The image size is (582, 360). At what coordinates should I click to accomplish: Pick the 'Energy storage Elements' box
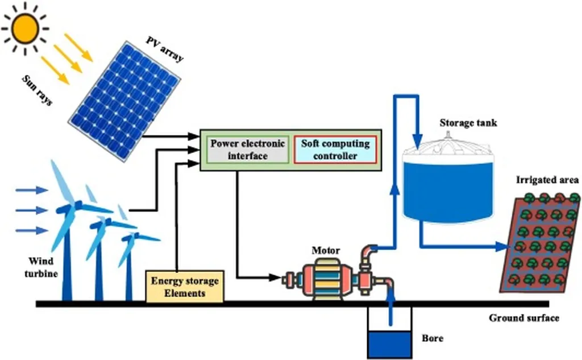point(184,286)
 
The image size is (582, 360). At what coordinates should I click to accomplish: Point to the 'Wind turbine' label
point(43,268)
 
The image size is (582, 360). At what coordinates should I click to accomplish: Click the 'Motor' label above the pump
point(326,250)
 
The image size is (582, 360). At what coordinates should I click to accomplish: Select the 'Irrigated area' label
point(547,180)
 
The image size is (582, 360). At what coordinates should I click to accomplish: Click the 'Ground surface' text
point(523,318)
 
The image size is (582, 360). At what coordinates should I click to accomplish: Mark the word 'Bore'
point(433,339)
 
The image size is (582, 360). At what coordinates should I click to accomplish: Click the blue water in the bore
point(389,344)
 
